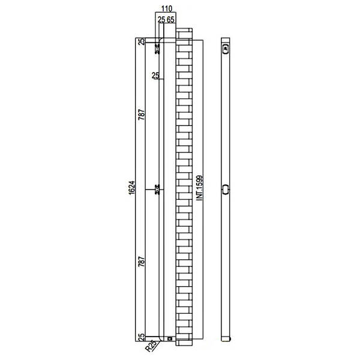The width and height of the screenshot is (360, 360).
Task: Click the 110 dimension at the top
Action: (x=167, y=9)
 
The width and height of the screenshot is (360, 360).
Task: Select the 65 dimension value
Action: (x=170, y=20)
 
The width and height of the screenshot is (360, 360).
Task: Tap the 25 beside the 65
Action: (x=161, y=20)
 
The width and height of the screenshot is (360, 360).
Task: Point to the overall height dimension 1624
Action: (x=132, y=188)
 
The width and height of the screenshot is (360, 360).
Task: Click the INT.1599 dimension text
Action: (x=200, y=188)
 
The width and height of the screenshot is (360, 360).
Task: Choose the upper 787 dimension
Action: (x=142, y=115)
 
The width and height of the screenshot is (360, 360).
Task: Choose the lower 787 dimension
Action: (x=142, y=262)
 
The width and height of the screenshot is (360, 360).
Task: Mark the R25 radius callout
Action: (x=151, y=346)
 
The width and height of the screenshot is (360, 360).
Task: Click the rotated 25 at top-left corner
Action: (x=142, y=41)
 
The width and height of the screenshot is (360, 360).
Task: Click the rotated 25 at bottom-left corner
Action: (x=142, y=337)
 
